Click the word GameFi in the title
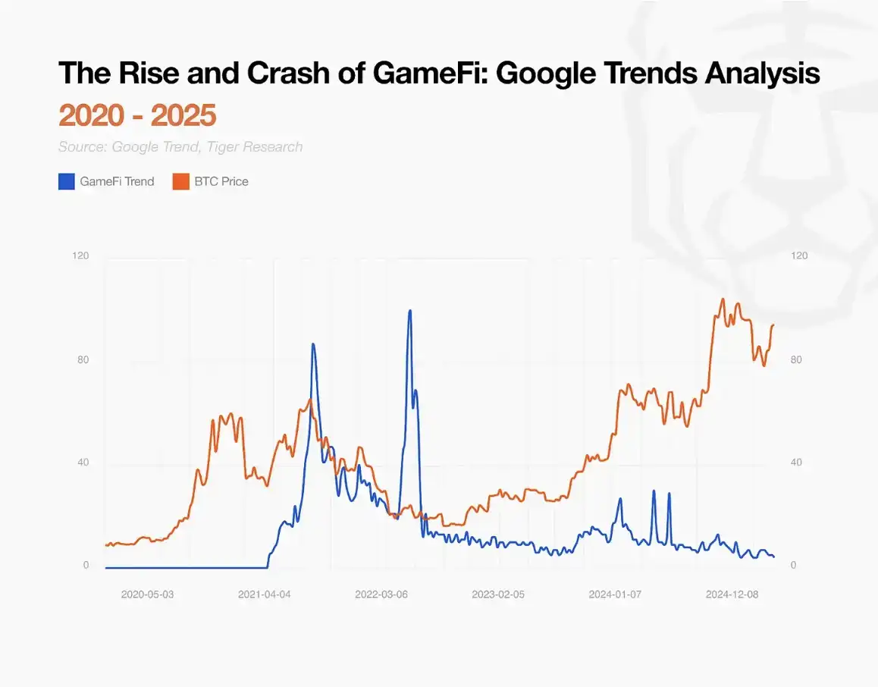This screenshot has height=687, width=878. point(430,74)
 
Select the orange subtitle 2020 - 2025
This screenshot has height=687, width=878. point(137,115)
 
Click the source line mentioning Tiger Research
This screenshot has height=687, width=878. point(180,146)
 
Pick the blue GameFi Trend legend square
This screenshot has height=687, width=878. point(66,181)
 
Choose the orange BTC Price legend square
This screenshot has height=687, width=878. point(180,181)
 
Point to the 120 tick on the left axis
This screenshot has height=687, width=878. point(80,256)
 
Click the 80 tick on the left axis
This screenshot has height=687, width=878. point(83,359)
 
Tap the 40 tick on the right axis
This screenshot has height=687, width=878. point(796,463)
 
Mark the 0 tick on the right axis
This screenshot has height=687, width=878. point(793,566)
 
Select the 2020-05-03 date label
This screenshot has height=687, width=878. point(147,594)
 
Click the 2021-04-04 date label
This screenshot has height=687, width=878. point(265,594)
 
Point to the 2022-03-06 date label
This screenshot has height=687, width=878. point(381,594)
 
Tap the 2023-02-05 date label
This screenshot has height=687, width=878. point(498,594)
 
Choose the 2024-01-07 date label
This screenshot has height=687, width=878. point(615,594)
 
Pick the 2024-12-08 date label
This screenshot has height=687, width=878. point(732,594)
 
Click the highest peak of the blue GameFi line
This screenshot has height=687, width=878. point(409,310)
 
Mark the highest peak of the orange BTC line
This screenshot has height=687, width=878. point(722,299)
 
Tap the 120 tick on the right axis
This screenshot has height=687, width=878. point(799,256)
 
